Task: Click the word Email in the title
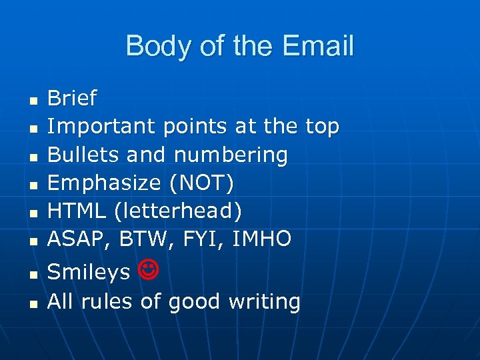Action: [318, 46]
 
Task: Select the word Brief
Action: [72, 99]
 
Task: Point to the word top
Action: [322, 126]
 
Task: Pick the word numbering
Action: [231, 155]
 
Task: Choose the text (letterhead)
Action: [178, 211]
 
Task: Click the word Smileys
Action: [89, 272]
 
